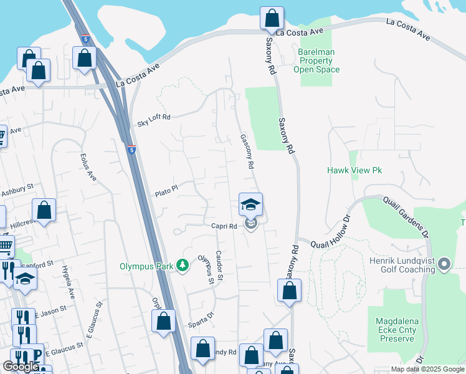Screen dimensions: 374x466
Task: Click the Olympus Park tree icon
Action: click(183, 266)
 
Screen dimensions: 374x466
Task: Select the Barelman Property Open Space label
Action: click(316, 60)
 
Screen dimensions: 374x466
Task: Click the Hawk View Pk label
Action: click(354, 170)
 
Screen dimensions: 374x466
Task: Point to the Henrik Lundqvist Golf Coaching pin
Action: click(444, 265)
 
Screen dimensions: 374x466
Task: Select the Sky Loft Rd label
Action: click(153, 120)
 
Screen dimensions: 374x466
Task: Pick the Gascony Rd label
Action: click(247, 151)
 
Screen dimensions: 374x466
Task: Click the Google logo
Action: click(21, 366)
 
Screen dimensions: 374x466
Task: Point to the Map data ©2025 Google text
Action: click(427, 369)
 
